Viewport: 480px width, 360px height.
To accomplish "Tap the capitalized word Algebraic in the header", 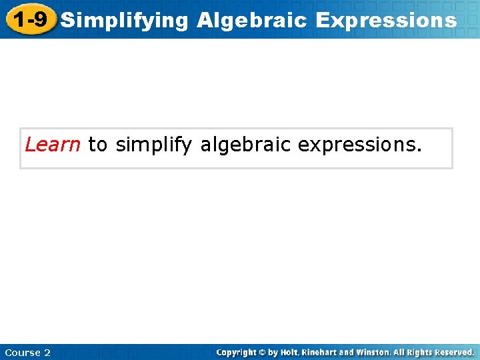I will [252, 20].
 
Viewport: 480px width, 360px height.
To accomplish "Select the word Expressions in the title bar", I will [387, 20].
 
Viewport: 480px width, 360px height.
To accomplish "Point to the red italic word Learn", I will [53, 145].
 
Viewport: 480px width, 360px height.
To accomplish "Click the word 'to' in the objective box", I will [97, 145].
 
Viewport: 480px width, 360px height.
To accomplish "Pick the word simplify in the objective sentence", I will [154, 145].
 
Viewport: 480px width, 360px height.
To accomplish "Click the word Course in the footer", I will [22, 353].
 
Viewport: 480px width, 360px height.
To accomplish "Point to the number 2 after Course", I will [47, 353].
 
